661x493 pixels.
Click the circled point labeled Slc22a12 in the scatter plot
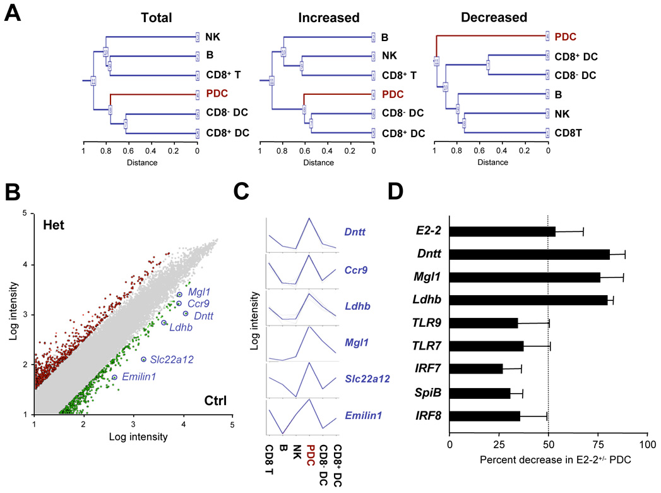143,360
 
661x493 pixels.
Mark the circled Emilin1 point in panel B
114,377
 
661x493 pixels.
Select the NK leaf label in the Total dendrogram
213,37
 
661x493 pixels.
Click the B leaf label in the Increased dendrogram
386,37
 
